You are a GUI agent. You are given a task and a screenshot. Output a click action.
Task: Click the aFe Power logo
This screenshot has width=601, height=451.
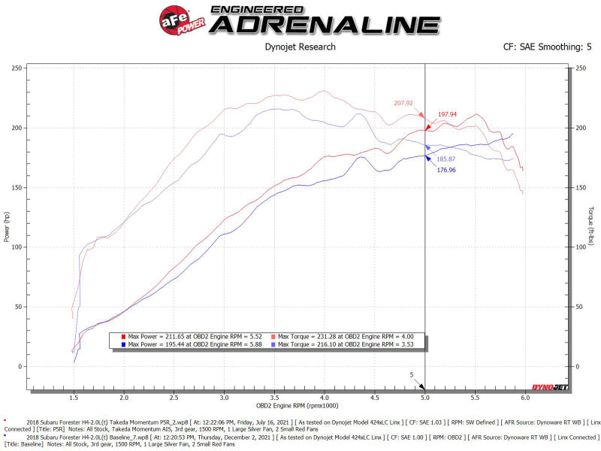pyautogui.click(x=179, y=17)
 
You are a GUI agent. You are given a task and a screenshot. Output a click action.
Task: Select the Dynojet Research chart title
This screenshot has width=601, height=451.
pyautogui.click(x=300, y=47)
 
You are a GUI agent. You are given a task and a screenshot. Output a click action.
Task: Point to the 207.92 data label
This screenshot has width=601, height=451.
pyautogui.click(x=403, y=102)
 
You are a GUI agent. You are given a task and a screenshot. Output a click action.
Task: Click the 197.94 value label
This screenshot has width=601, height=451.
pyautogui.click(x=448, y=114)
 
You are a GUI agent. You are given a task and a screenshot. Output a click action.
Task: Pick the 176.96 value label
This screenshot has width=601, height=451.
pyautogui.click(x=448, y=170)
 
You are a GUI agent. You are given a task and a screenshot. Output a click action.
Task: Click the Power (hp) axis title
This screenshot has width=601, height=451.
pyautogui.click(x=8, y=225)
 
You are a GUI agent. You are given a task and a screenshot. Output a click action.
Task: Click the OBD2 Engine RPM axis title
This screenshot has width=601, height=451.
pyautogui.click(x=300, y=405)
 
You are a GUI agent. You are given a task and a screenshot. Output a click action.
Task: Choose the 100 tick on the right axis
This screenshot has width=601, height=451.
pyautogui.click(x=579, y=247)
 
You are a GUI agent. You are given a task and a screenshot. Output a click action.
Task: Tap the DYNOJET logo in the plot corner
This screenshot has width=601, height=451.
pyautogui.click(x=550, y=387)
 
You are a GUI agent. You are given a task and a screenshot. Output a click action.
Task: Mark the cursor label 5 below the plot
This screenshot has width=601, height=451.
pyautogui.click(x=412, y=374)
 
